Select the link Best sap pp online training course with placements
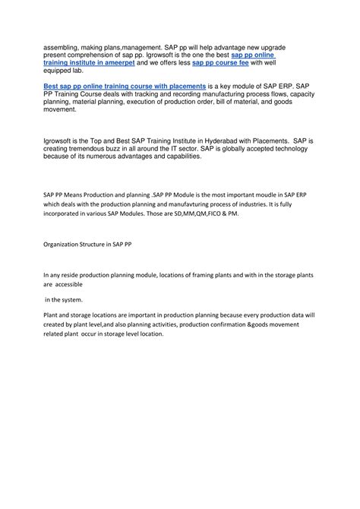point(114,87)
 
